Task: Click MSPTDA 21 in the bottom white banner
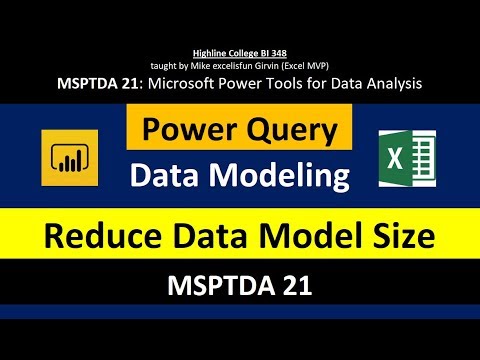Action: click(x=240, y=286)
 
